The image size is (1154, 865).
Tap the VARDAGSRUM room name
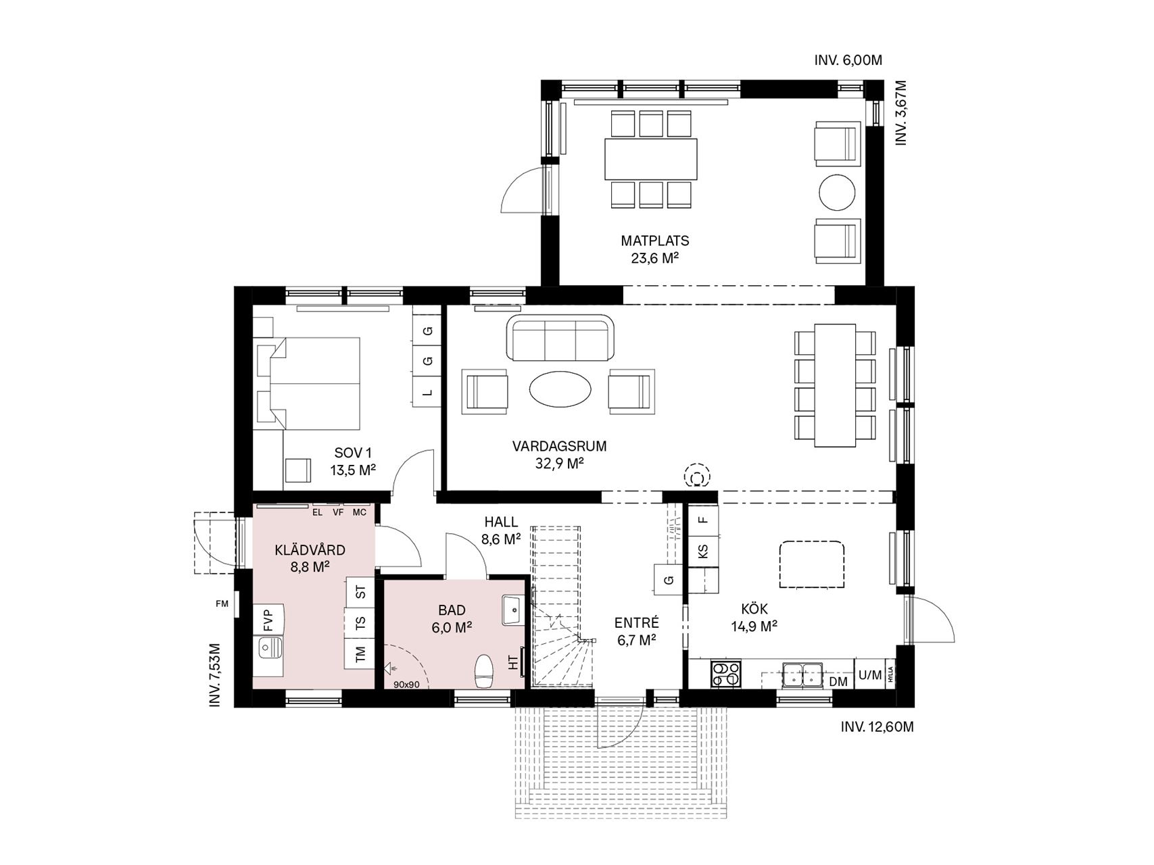pyautogui.click(x=559, y=446)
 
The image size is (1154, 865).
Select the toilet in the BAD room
pyautogui.click(x=484, y=670)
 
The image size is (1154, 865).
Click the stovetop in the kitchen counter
pyautogui.click(x=725, y=674)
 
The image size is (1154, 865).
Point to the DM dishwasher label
pyautogui.click(x=838, y=682)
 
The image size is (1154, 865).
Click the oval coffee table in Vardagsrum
pyautogui.click(x=560, y=389)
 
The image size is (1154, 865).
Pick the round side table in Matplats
pyautogui.click(x=838, y=193)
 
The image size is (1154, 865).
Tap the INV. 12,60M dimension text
pyautogui.click(x=877, y=727)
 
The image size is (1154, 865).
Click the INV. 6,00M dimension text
pyautogui.click(x=848, y=60)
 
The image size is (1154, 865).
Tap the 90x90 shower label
pyautogui.click(x=406, y=685)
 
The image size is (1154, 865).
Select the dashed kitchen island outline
pyautogui.click(x=811, y=564)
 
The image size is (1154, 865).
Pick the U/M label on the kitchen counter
pyautogui.click(x=870, y=674)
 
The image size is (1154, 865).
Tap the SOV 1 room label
pyautogui.click(x=353, y=453)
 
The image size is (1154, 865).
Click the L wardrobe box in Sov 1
pyautogui.click(x=427, y=393)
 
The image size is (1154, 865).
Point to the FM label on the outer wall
pyautogui.click(x=222, y=604)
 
